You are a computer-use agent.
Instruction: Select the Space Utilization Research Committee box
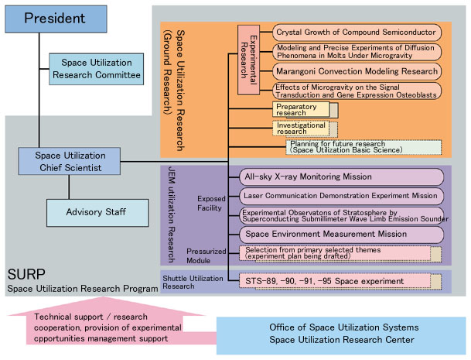tap(96, 69)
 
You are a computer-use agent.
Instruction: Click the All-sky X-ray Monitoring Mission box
tap(340, 177)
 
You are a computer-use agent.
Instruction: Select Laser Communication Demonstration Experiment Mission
tap(340, 196)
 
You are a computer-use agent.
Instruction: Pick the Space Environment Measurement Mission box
tap(340, 233)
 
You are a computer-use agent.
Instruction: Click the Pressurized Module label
tap(206, 255)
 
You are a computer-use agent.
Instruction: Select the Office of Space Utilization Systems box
tap(340, 334)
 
